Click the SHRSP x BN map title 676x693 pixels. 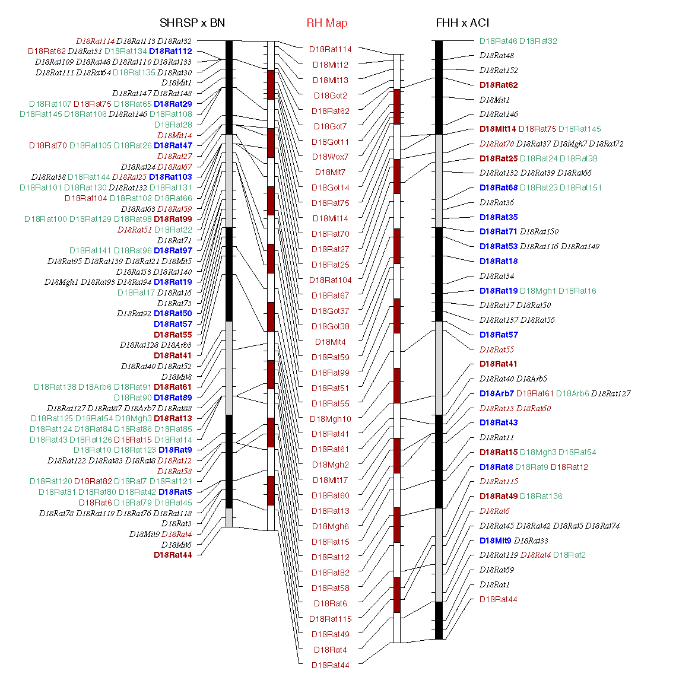192,23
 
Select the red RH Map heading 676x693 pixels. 326,23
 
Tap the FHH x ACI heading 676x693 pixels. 462,23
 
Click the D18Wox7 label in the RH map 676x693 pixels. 330,157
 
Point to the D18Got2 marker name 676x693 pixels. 330,96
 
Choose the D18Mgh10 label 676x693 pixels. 330,419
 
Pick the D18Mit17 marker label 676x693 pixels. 330,480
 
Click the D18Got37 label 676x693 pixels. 330,311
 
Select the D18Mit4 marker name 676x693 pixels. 330,342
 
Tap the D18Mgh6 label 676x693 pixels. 330,526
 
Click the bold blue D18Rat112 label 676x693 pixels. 170,52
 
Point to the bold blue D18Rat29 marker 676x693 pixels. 173,104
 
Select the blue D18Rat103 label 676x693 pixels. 170,177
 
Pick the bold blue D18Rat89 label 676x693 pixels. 173,398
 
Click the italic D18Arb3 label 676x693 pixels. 176,345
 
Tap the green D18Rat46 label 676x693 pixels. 498,41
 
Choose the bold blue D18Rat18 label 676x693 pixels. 499,261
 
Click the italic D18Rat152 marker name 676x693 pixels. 499,70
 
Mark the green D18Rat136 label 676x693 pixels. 541,496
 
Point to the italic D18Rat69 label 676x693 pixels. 496,570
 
